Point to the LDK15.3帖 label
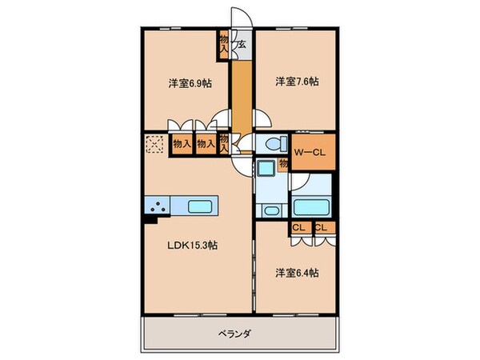191,246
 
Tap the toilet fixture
270,145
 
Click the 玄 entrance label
240,45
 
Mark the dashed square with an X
154,145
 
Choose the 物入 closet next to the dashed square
182,145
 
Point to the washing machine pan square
265,170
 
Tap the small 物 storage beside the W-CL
284,165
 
